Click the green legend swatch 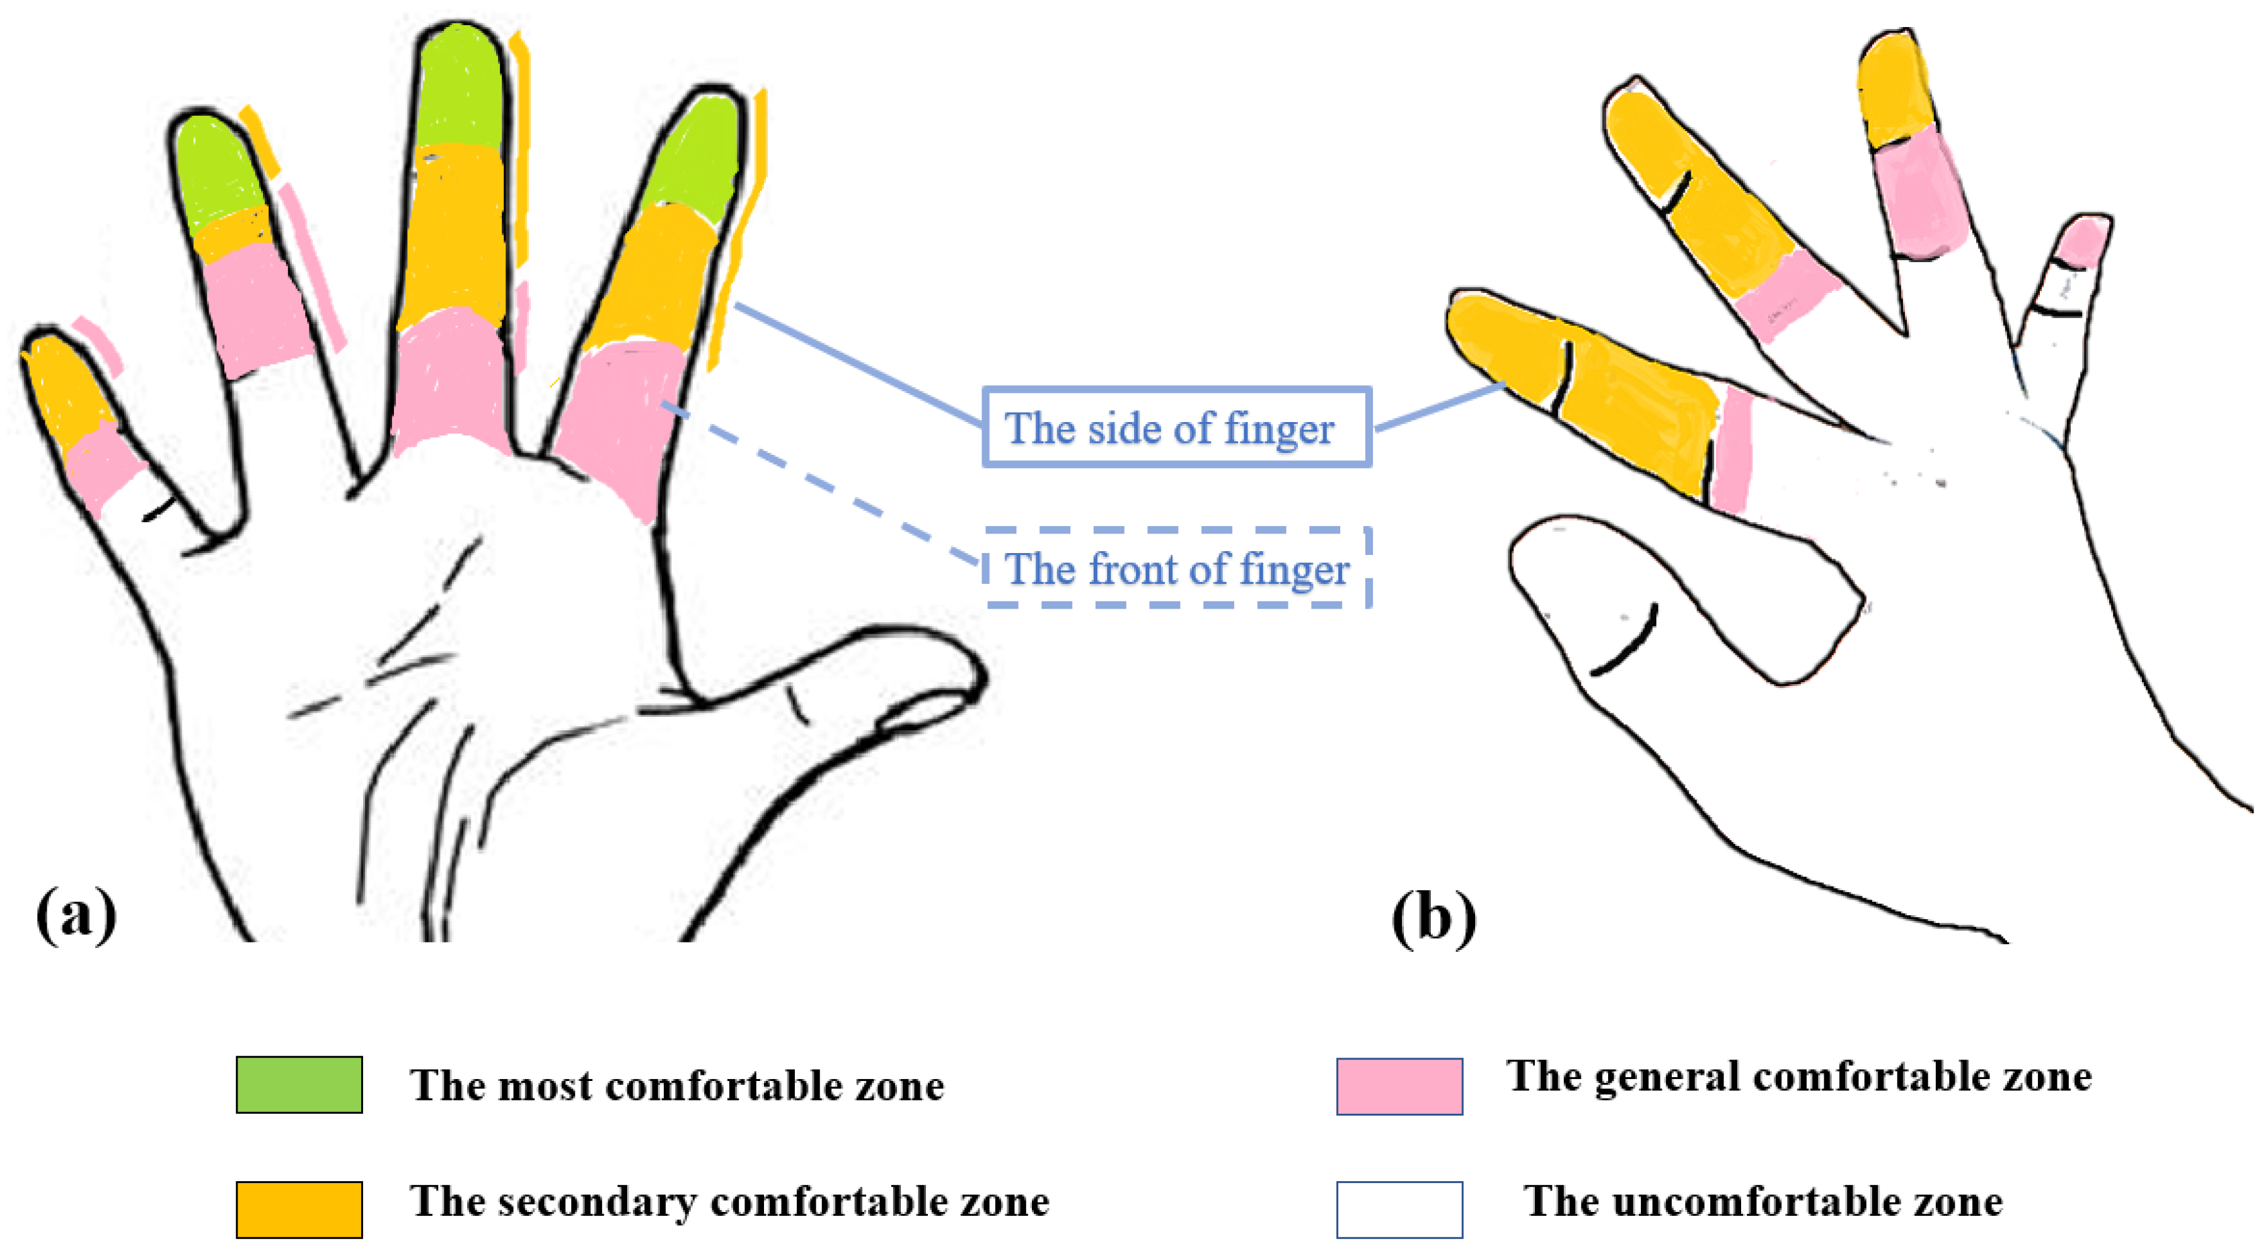[299, 1085]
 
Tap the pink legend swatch [1399, 1086]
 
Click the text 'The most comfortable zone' [676, 1086]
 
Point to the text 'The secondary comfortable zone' [729, 1201]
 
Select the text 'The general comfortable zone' [1799, 1077]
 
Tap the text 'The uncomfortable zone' [1763, 1201]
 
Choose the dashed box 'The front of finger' [1176, 568]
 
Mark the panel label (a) [76, 914]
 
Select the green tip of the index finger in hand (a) [698, 158]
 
